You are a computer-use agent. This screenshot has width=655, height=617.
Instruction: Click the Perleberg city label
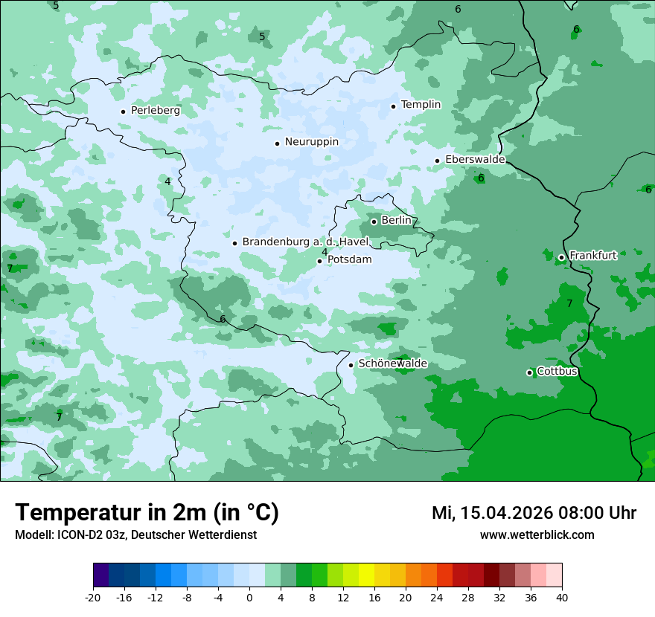coord(155,111)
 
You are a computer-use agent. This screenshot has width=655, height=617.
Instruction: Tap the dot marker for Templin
coord(393,106)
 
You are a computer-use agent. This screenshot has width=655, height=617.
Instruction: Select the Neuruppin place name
coord(311,142)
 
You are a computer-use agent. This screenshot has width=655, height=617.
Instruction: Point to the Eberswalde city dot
coord(437,161)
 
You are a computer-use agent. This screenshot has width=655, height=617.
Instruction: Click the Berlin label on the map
coord(396,221)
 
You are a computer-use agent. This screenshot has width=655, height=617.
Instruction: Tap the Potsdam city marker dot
coord(319,261)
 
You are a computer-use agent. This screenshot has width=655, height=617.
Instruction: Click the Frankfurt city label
coord(592,256)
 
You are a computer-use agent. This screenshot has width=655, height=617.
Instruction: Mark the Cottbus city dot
coord(529,372)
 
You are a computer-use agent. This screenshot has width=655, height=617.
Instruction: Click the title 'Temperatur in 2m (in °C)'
coord(147,513)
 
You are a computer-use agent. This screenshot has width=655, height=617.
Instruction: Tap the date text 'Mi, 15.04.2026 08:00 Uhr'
coord(534,513)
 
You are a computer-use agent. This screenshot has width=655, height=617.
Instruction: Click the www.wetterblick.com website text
coord(537,535)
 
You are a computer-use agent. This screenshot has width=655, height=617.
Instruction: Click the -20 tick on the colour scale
coord(93,598)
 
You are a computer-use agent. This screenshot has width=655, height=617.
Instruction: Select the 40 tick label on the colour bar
coord(561,598)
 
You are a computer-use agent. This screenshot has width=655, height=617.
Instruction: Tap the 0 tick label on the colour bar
coord(249,598)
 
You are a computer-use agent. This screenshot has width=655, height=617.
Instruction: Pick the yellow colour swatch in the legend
coord(366,575)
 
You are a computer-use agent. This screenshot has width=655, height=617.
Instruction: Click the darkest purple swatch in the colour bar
coord(101,575)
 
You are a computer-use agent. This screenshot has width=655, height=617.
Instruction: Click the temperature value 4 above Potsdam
coord(325,252)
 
